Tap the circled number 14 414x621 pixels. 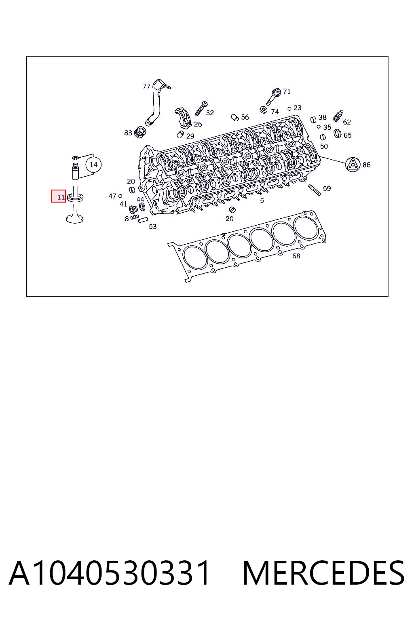click(x=94, y=165)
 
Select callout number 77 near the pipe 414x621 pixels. click(x=147, y=86)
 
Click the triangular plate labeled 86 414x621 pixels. click(x=353, y=165)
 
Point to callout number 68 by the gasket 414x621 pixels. click(x=296, y=256)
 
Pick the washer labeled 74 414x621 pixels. click(x=264, y=110)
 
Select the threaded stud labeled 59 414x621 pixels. click(x=315, y=190)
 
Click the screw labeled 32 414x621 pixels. click(x=201, y=108)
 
